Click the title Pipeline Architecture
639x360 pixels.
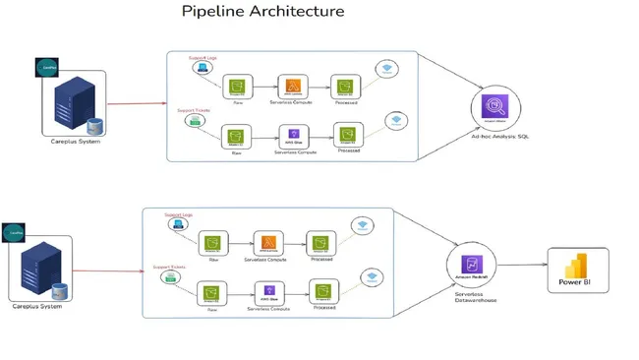tap(262, 12)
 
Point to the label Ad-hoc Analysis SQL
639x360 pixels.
tap(501, 137)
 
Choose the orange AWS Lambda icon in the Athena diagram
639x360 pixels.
tap(290, 87)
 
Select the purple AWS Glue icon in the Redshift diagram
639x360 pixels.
tap(268, 290)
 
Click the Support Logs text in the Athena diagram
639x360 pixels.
tap(203, 58)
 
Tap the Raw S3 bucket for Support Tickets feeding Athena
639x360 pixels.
tap(235, 135)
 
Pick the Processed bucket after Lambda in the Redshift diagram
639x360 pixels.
tap(320, 243)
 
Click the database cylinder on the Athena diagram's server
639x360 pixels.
tap(93, 125)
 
